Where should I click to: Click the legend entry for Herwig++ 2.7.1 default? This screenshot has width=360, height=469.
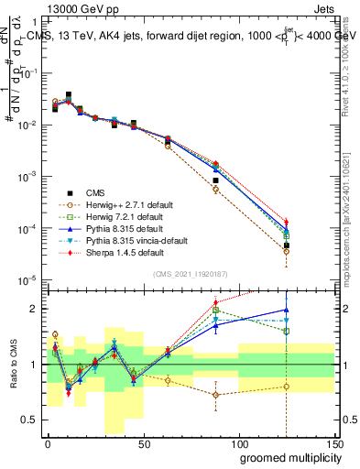(x=124, y=204)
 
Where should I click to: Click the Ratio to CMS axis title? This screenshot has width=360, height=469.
(x=13, y=364)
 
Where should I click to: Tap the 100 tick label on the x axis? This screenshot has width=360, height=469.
(x=238, y=443)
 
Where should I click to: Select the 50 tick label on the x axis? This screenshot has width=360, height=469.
(x=143, y=443)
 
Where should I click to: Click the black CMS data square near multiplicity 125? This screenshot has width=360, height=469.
(x=287, y=245)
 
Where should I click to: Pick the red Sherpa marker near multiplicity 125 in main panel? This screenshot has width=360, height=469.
(x=287, y=222)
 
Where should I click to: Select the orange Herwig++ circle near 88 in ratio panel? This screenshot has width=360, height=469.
(x=216, y=395)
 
